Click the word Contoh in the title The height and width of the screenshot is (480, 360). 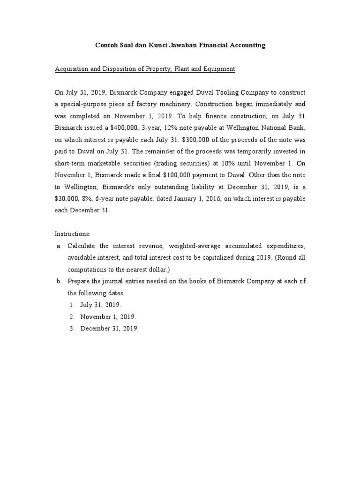[x=106, y=45]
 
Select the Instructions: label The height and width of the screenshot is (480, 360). [x=73, y=234]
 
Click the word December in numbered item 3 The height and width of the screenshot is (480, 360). [x=97, y=329]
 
